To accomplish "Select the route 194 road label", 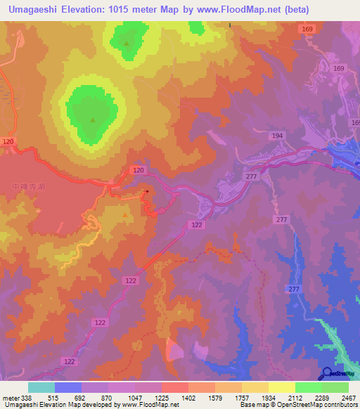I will (278, 135).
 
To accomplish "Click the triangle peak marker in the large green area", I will (93, 119).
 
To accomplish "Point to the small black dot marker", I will (147, 190).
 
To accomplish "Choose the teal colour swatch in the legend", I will (41, 387).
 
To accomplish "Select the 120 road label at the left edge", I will (8, 142).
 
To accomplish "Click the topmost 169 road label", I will (307, 29).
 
